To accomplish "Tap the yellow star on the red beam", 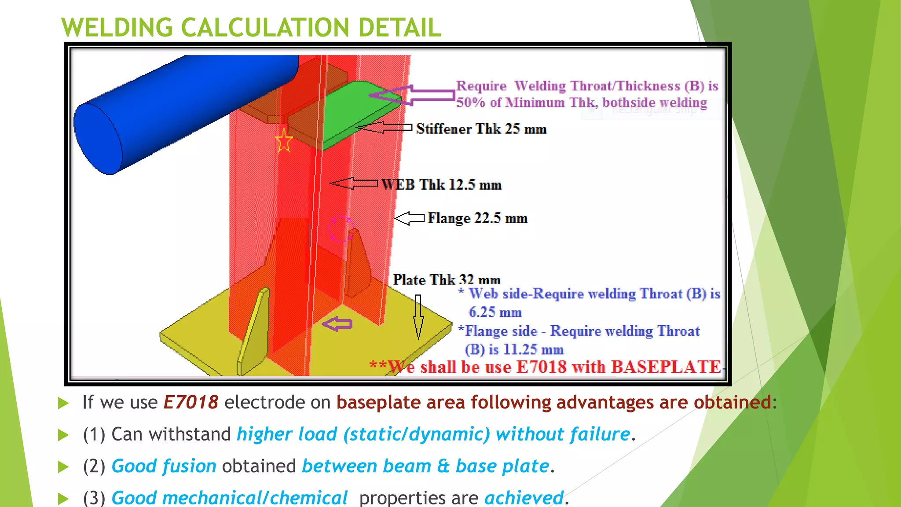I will pos(284,141).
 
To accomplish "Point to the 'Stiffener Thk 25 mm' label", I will pos(481,129).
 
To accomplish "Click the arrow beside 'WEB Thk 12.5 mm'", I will pos(354,183).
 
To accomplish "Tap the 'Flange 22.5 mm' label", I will pos(477,218).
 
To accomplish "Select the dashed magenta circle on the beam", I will pos(341,229).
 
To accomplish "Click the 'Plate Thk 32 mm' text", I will pos(447,279).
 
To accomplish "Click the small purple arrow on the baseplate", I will pos(337,324).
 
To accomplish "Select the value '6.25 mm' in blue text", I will pos(495,312).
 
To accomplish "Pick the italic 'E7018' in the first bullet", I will pos(190,402).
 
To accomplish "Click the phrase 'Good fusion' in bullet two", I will pos(164,466).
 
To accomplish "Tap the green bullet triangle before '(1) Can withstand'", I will pos(64,435).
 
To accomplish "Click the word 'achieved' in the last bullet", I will pos(524,498).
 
